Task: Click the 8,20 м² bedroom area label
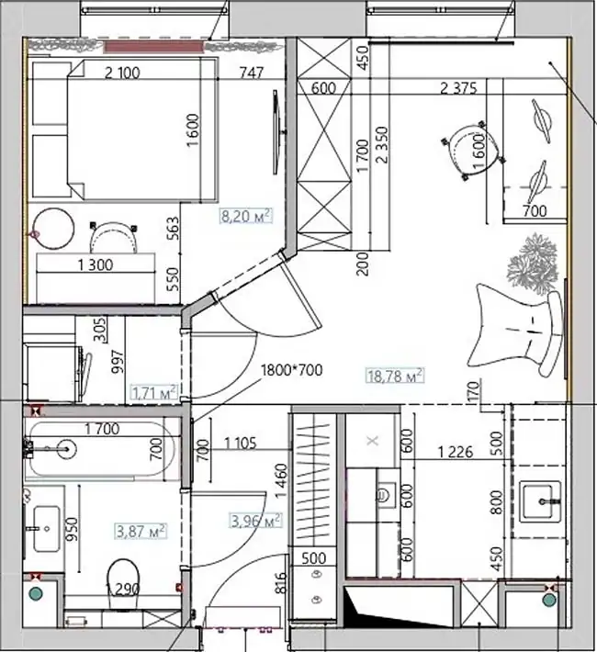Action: [246, 216]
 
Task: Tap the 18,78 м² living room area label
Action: [395, 376]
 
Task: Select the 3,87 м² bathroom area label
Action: [141, 531]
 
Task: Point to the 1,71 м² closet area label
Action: [154, 392]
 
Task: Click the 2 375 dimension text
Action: [458, 88]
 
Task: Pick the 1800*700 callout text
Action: [291, 370]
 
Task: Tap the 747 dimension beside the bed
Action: [252, 73]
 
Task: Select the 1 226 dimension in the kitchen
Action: [456, 452]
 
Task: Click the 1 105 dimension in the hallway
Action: [241, 444]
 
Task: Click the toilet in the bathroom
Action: [123, 582]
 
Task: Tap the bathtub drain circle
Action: [66, 449]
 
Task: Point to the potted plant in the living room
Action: [532, 264]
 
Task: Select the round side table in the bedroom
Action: [53, 229]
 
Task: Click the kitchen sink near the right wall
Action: [541, 501]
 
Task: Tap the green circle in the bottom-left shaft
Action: [36, 593]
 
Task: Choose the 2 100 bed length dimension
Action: [122, 73]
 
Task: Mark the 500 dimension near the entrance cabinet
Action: [314, 558]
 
